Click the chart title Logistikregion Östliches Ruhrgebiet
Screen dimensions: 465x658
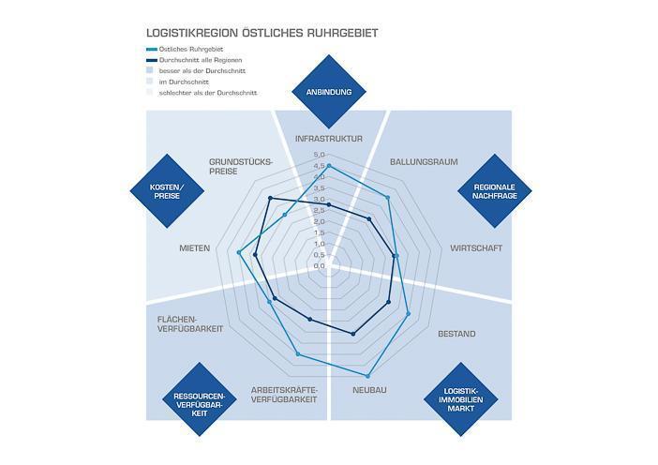262,33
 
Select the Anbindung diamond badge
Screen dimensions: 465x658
328,92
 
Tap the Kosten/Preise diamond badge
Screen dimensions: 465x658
167,190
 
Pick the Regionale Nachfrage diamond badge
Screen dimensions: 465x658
494,190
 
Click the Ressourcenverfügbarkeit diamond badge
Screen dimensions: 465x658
199,400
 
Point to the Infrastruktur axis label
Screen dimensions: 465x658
328,139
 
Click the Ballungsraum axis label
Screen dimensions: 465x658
424,161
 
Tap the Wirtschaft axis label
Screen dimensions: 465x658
475,248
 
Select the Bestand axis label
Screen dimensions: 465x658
456,334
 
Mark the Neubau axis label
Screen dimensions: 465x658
369,390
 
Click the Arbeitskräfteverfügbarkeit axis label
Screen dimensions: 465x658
285,394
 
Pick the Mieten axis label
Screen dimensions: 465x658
194,248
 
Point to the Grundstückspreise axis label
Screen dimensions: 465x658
240,166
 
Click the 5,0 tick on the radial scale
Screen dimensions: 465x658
319,155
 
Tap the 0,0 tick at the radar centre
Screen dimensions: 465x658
319,266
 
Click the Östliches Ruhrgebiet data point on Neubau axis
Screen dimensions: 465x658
367,375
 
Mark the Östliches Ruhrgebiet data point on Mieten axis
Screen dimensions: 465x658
240,252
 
